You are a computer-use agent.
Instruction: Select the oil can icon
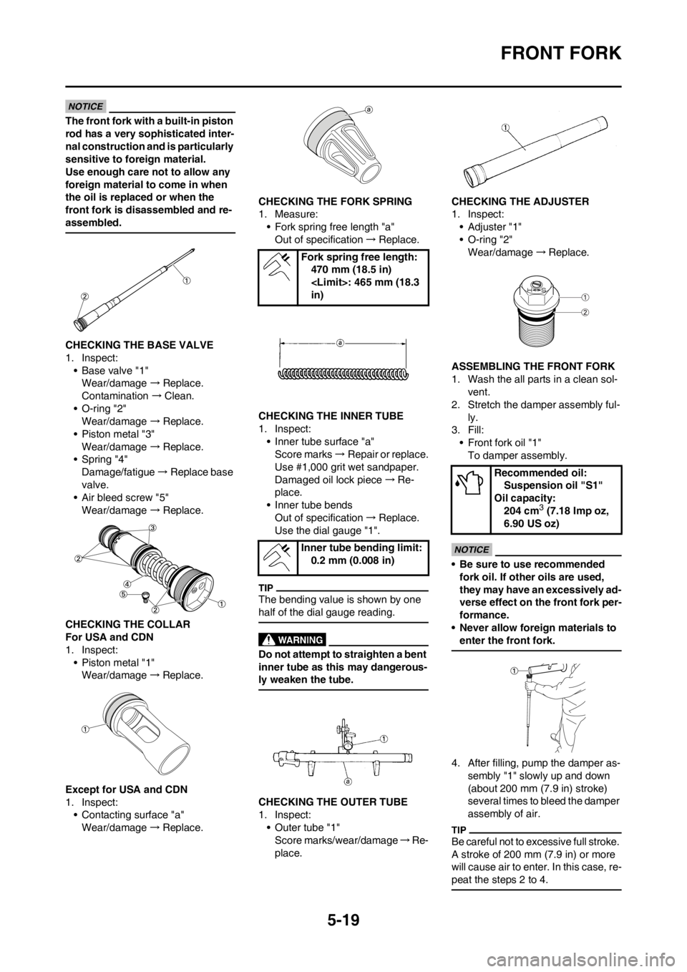coord(469,483)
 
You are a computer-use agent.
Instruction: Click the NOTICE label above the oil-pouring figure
coord(472,550)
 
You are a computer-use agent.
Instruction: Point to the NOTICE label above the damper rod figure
coord(85,105)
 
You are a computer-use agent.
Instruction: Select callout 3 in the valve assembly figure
coord(152,528)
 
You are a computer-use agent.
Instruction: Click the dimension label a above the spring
coord(341,343)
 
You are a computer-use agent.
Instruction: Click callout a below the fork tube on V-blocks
coord(348,782)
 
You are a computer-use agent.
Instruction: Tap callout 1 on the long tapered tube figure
coord(505,127)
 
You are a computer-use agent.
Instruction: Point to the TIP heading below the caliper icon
coord(266,587)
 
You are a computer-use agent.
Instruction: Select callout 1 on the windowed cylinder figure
coord(84,729)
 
